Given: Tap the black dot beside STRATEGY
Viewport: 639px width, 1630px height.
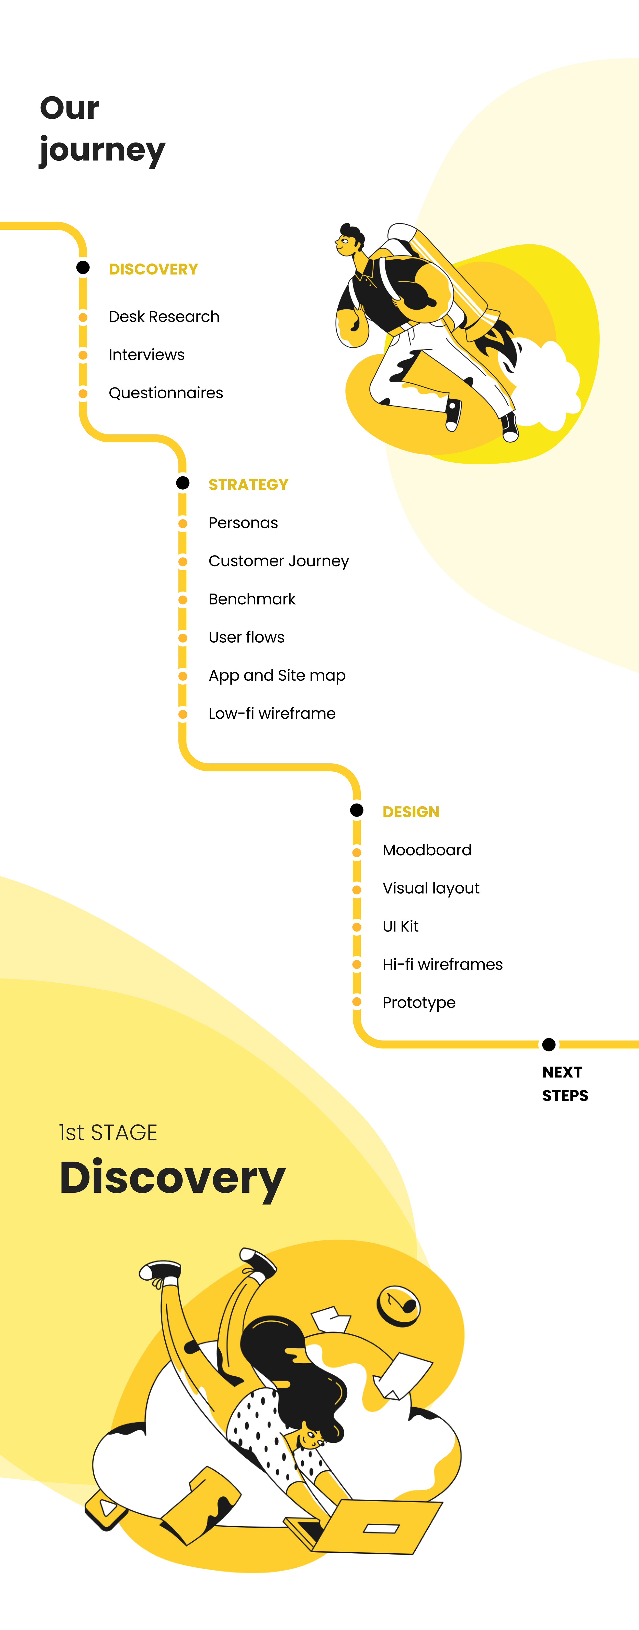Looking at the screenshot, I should coord(182,483).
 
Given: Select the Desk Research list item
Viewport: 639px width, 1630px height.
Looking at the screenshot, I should coord(164,316).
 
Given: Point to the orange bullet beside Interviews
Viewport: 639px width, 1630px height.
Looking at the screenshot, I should coord(83,355).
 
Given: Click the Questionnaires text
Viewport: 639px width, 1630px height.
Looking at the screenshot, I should coord(166,393).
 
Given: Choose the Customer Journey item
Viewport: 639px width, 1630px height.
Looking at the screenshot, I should coord(279,561).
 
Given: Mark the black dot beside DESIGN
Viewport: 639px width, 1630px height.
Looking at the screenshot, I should coord(357,810).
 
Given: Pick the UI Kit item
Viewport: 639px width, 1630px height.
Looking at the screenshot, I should coord(400,926).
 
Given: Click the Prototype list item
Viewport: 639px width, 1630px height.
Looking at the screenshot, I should coord(419,1002).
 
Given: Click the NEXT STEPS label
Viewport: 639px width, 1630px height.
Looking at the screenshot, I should coord(564,1083).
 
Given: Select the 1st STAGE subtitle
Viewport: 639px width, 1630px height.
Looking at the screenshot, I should coord(108,1132).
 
